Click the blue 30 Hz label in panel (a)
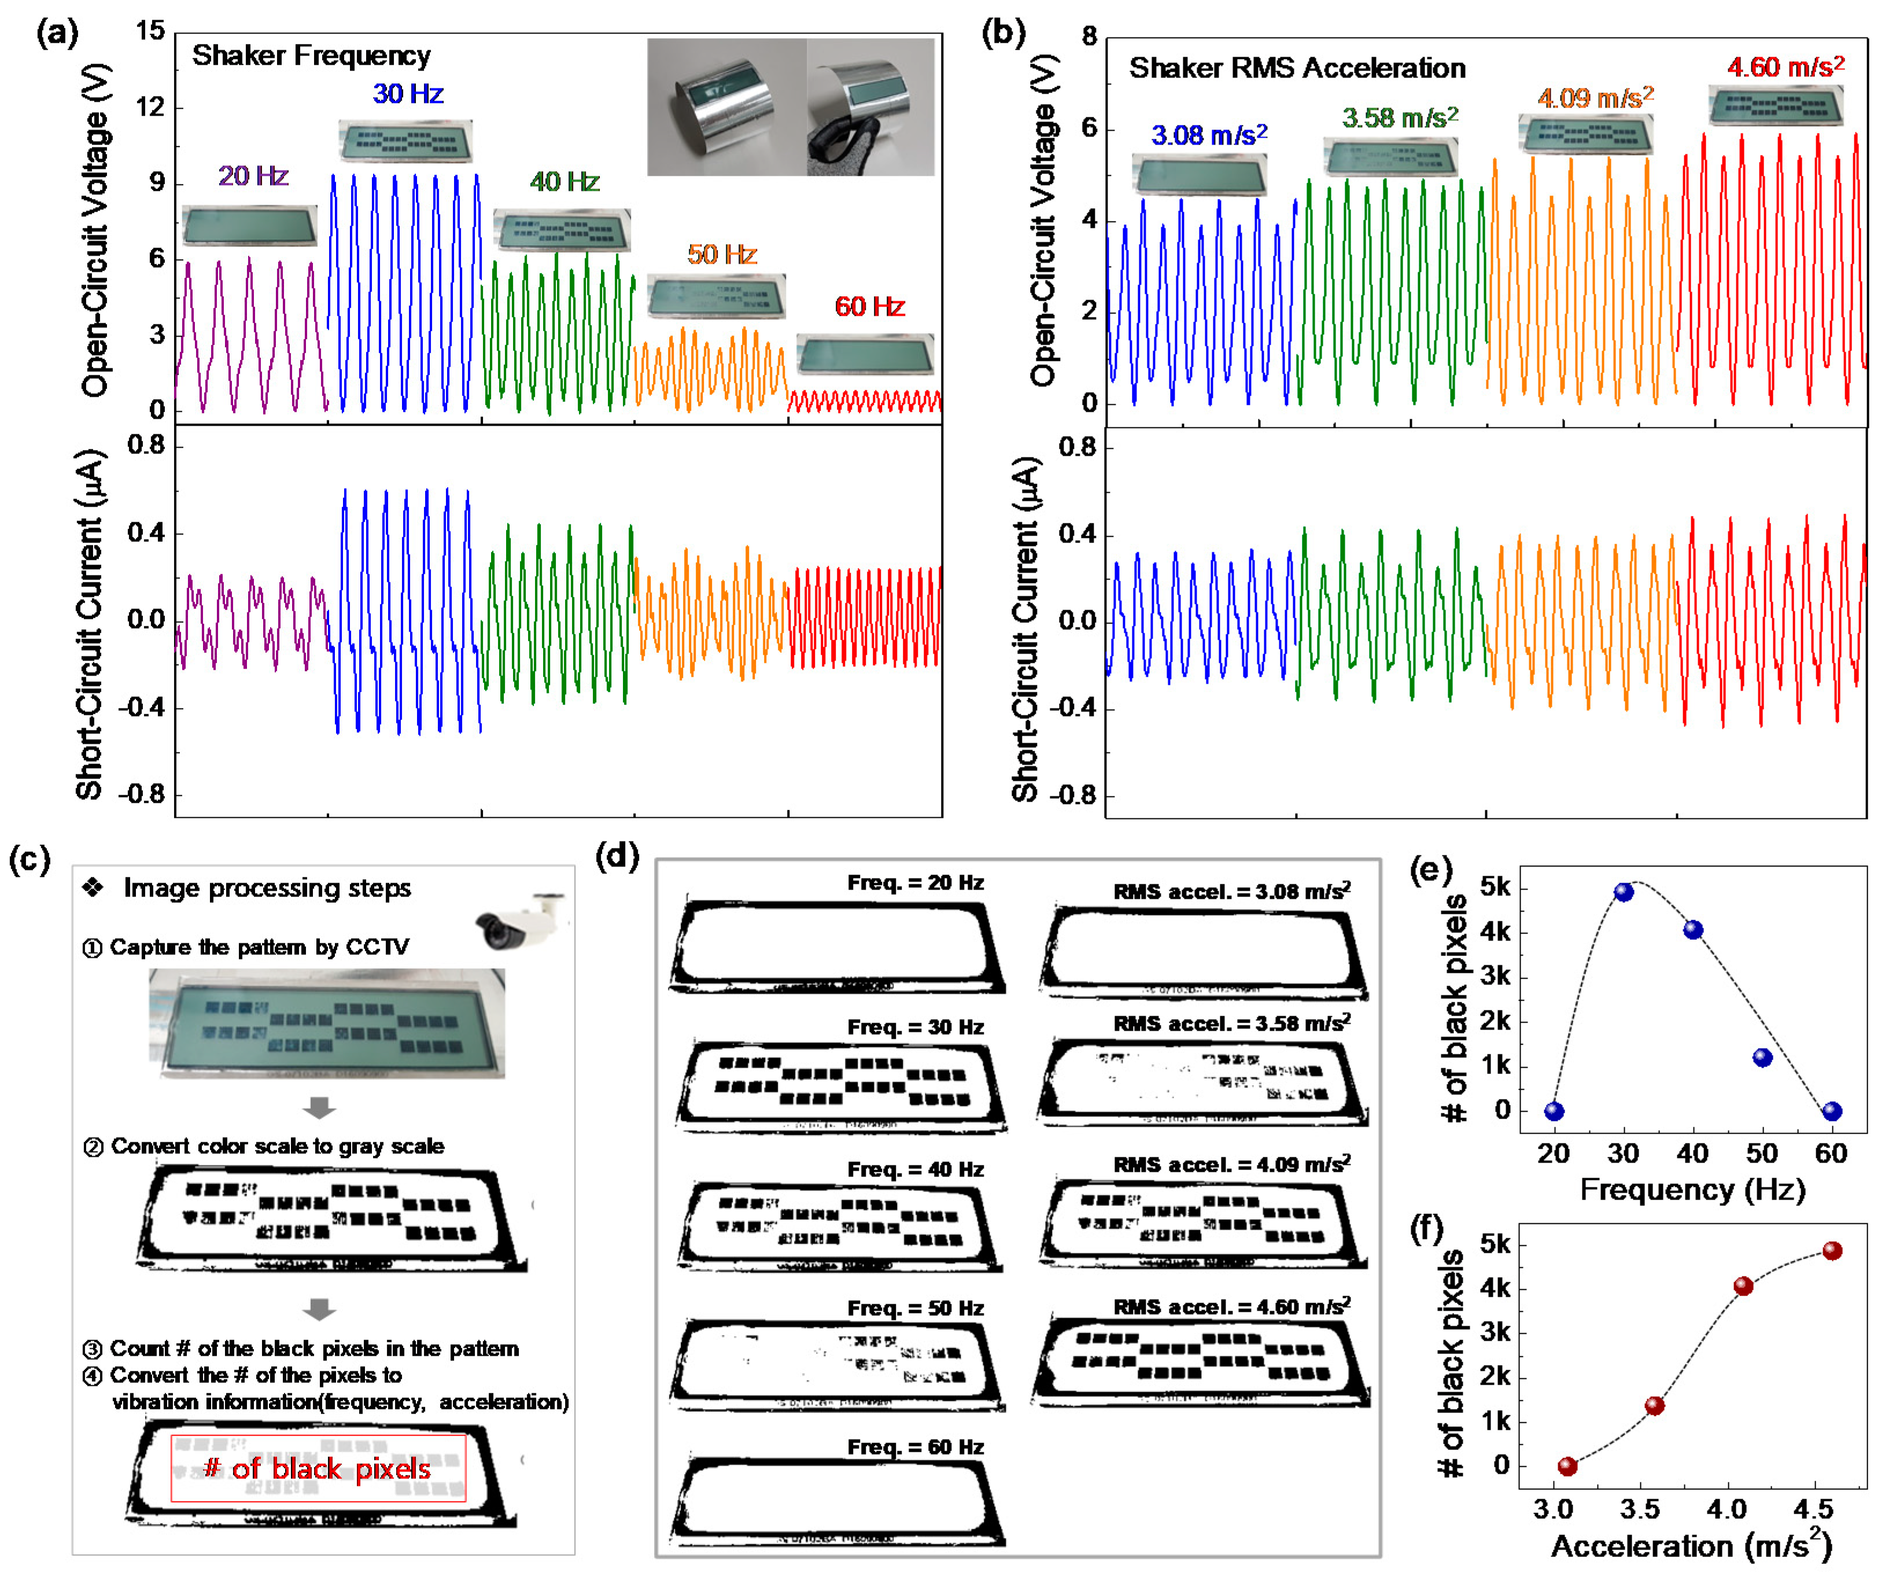(x=408, y=94)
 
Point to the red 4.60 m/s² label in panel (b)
(x=1785, y=67)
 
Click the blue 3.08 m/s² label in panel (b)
(x=1209, y=135)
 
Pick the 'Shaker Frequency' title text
(x=311, y=56)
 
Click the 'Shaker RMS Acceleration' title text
(x=1297, y=68)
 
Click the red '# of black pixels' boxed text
(x=318, y=1468)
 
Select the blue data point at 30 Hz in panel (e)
(x=1624, y=892)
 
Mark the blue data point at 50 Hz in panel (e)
(x=1762, y=1058)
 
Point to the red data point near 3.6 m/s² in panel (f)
(x=1654, y=1405)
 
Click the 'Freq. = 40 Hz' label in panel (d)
(x=915, y=1169)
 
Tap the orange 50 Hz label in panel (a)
(x=721, y=254)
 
